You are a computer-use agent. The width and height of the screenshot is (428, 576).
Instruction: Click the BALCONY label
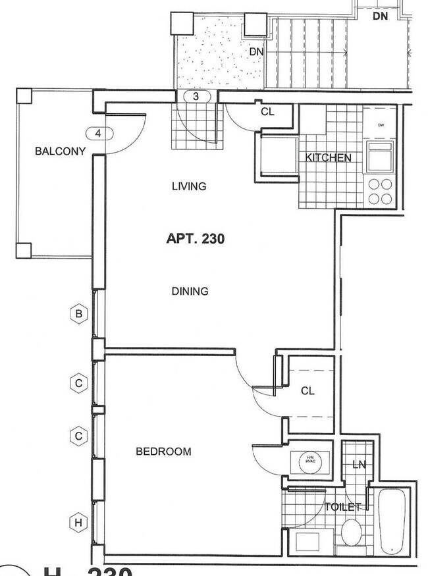tap(61, 151)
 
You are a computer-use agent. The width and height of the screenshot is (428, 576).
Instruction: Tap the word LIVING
tap(189, 186)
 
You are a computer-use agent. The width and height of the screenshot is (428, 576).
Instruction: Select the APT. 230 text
tap(195, 238)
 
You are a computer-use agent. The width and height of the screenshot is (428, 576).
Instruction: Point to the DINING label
tap(190, 291)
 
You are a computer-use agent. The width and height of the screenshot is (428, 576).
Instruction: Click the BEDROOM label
tap(163, 452)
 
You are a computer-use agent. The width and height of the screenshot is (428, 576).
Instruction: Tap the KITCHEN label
tap(328, 158)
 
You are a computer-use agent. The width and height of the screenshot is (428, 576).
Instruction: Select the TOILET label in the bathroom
tap(342, 507)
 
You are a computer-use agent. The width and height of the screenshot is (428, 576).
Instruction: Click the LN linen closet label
tap(358, 465)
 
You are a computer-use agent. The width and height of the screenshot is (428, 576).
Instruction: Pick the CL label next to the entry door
tap(267, 112)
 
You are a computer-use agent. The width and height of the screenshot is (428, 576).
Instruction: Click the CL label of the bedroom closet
tap(308, 391)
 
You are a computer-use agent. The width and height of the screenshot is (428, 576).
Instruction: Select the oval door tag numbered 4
tap(98, 134)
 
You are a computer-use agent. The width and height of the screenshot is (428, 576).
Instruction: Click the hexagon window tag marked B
tap(78, 314)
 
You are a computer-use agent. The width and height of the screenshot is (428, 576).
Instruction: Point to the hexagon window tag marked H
tap(78, 523)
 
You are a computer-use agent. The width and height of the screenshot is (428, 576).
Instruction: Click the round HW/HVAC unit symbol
tap(310, 461)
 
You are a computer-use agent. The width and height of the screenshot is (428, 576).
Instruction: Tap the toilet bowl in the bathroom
tap(351, 532)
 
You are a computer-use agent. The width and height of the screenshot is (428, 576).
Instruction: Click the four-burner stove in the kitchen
tap(380, 192)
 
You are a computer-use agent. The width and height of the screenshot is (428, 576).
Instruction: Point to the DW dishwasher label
tap(381, 124)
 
